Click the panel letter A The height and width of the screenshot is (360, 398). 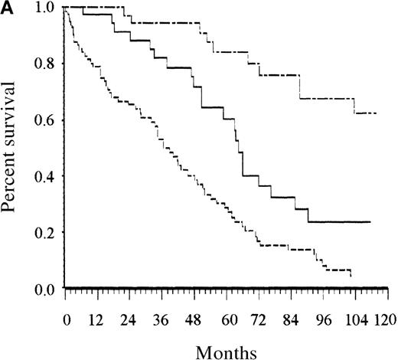(x=8, y=9)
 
